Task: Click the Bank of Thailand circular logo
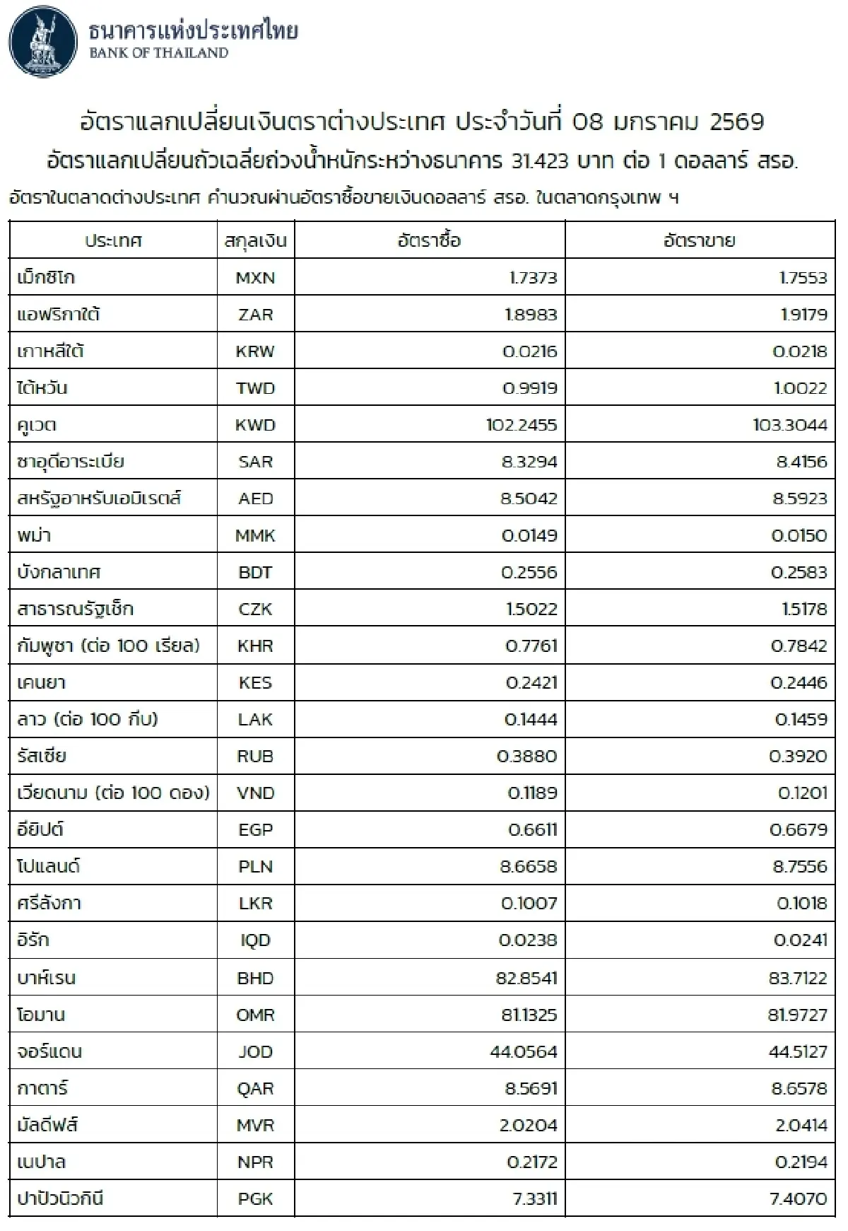[44, 42]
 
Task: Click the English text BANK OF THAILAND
[158, 53]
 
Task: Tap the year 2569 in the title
[736, 122]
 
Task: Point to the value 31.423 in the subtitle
[539, 162]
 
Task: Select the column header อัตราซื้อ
[429, 241]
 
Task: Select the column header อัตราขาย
[699, 241]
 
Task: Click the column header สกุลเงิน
[255, 241]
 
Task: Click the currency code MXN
[255, 278]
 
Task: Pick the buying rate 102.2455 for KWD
[522, 425]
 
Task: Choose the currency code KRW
[255, 351]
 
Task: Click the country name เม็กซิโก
[46, 278]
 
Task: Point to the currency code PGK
[255, 1198]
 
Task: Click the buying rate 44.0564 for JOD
[524, 1051]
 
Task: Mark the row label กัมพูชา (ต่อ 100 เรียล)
[108, 646]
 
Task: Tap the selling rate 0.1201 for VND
[802, 793]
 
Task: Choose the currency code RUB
[255, 756]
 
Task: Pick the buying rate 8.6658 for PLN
[529, 866]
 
